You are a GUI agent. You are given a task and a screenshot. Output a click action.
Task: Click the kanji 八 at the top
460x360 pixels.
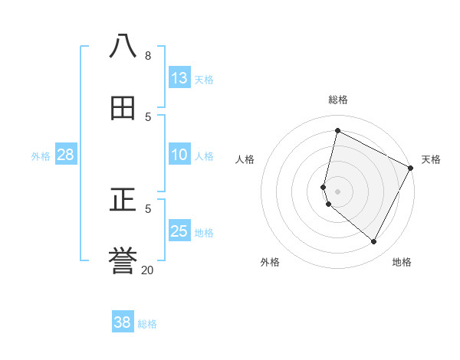pyautogui.click(x=123, y=47)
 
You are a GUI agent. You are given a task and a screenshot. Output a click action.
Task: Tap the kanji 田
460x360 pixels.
pyautogui.click(x=123, y=109)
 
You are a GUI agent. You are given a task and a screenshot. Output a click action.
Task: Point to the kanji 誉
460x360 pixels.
pyautogui.click(x=123, y=262)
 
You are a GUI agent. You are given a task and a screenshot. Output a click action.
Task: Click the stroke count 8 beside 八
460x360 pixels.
pyautogui.click(x=148, y=56)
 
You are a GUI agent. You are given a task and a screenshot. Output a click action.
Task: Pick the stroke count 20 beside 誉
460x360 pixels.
pyautogui.click(x=148, y=270)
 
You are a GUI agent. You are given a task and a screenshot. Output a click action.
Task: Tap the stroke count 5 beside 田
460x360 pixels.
pyautogui.click(x=148, y=116)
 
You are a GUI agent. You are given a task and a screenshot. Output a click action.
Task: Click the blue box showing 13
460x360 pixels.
pyautogui.click(x=179, y=78)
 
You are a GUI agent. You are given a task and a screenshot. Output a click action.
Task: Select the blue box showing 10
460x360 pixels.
pyautogui.click(x=179, y=155)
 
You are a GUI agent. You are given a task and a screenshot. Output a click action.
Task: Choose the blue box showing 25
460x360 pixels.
pyautogui.click(x=179, y=231)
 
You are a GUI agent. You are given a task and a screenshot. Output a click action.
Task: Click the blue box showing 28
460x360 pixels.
pyautogui.click(x=66, y=155)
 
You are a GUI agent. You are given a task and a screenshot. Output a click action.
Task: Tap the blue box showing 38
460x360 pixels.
pyautogui.click(x=123, y=322)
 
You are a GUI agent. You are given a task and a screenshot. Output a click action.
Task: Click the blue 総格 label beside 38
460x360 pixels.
pyautogui.click(x=147, y=324)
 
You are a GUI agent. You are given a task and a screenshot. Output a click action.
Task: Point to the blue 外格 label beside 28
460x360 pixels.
pyautogui.click(x=41, y=156)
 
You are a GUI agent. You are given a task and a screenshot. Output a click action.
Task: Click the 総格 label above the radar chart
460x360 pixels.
pyautogui.click(x=338, y=100)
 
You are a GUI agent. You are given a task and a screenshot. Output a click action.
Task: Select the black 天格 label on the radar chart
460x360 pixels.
pyautogui.click(x=431, y=159)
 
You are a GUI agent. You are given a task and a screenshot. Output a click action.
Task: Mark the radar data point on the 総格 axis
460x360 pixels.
pyautogui.click(x=337, y=131)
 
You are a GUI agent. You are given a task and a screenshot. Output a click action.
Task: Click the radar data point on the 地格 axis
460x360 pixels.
pyautogui.click(x=374, y=242)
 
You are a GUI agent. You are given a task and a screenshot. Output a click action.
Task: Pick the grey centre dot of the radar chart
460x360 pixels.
pyautogui.click(x=338, y=191)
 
